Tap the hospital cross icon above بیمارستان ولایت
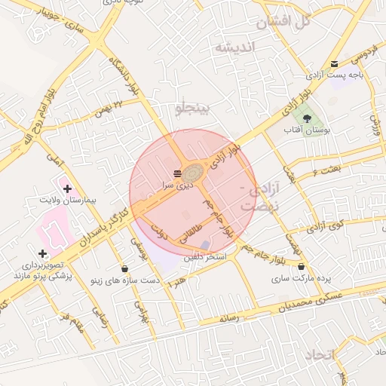[68, 188]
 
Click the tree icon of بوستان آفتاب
[306, 118]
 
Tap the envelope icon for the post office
[334, 63]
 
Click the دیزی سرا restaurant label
[178, 184]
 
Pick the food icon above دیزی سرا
[177, 173]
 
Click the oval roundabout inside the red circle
[194, 173]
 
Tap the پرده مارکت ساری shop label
[303, 278]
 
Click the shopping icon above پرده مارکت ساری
[302, 267]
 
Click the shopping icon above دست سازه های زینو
[124, 268]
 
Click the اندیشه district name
[235, 47]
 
